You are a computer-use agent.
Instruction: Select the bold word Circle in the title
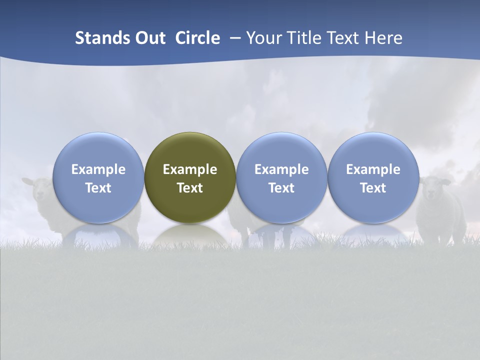[x=197, y=38]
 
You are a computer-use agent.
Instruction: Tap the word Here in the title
[x=384, y=38]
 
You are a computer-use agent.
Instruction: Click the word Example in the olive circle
[x=190, y=169]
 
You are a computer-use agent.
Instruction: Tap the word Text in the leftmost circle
[x=98, y=188]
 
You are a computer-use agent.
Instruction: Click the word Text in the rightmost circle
[x=373, y=188]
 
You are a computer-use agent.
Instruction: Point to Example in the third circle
[x=281, y=169]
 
